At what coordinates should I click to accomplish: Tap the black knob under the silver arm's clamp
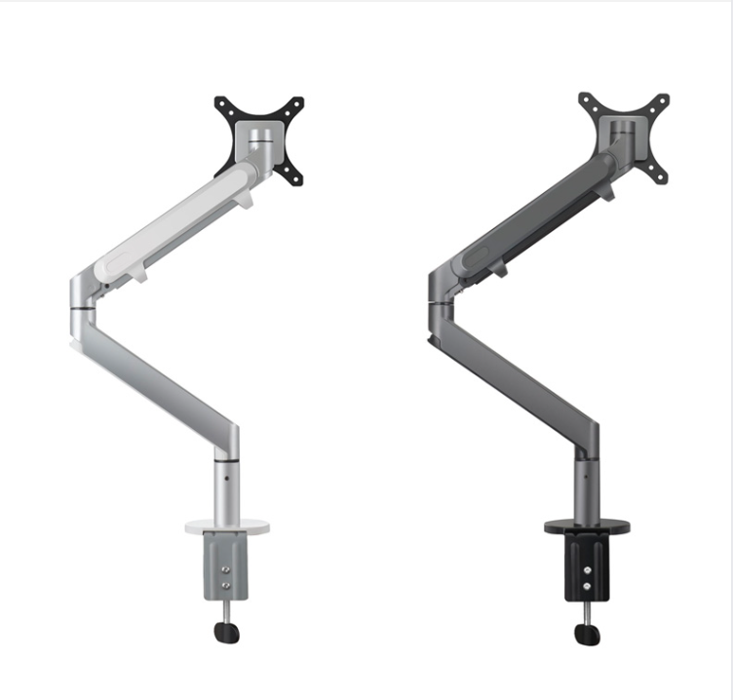[x=230, y=631]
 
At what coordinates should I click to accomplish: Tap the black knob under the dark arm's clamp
[x=590, y=633]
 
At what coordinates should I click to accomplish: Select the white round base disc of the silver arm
[x=225, y=527]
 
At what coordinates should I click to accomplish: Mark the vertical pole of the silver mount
[x=225, y=487]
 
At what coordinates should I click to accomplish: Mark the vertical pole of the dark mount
[x=585, y=487]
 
